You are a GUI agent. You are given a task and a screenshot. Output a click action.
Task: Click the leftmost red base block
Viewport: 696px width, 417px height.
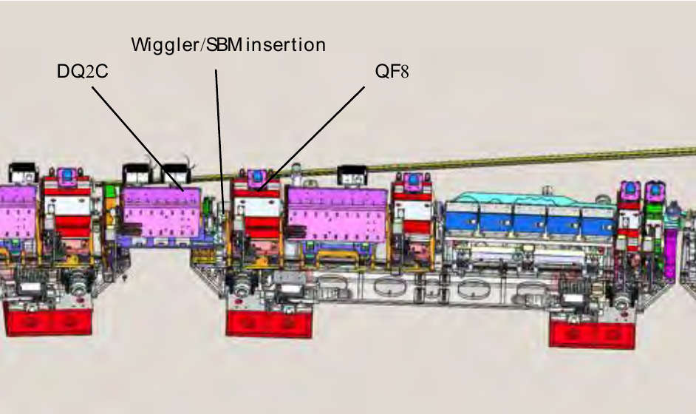pos(47,318)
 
